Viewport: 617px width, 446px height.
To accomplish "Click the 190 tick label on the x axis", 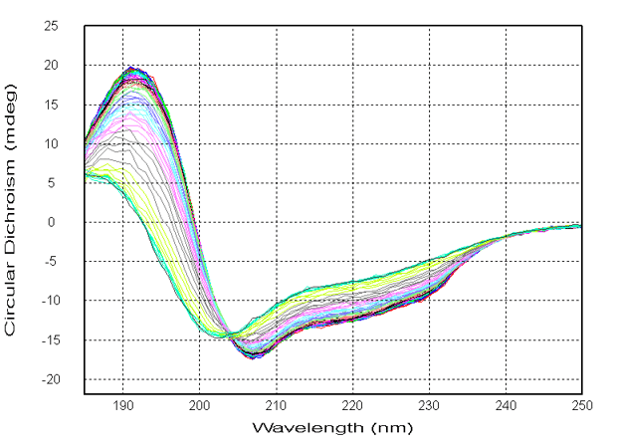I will point(123,405).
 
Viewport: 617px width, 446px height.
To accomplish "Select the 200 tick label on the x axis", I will point(200,405).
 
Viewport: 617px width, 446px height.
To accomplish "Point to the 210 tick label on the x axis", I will point(277,405).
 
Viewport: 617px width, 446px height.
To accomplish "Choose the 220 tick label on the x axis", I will point(353,405).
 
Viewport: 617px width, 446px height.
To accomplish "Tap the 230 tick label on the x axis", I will point(430,405).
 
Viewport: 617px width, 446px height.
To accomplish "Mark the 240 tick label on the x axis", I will point(507,405).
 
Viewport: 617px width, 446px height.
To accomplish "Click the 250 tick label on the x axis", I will point(581,405).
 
